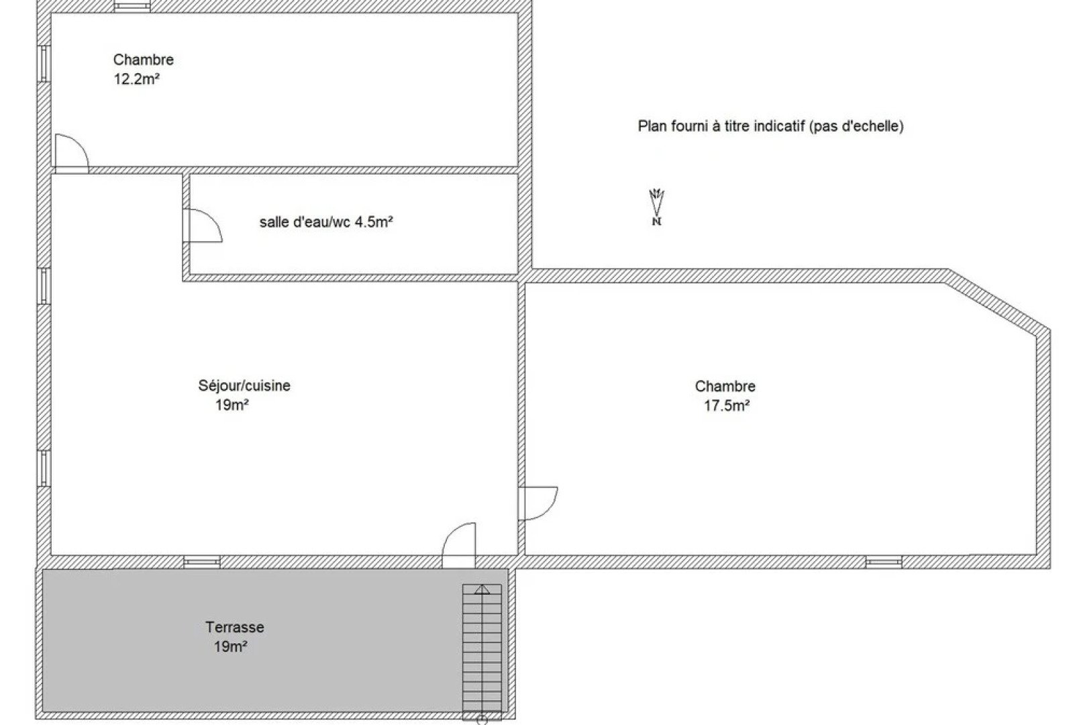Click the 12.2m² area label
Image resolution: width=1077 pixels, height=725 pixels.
tap(136, 79)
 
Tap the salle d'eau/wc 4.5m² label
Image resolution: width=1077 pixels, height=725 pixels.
tap(327, 222)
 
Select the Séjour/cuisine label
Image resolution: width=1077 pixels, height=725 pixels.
tap(244, 385)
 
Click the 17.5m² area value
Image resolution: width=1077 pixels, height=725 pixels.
tap(727, 405)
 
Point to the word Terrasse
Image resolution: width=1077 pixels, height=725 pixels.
tap(235, 627)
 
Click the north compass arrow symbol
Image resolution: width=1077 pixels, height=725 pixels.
tap(657, 207)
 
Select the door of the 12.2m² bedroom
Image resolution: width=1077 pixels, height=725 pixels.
tap(72, 154)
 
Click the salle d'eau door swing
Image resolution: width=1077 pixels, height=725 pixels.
tap(203, 225)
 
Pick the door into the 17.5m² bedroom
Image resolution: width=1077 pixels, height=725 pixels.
tap(538, 503)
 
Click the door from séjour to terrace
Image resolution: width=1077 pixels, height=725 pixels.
tap(459, 546)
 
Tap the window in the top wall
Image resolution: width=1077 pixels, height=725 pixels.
tap(132, 6)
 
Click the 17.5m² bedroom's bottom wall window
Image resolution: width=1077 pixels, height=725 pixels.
tap(884, 561)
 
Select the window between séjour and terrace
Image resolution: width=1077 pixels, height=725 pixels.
tap(202, 561)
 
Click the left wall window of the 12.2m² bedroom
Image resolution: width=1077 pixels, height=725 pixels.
tap(44, 64)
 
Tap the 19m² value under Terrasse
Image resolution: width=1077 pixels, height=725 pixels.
tap(231, 646)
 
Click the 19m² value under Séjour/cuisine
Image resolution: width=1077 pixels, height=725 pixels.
tap(232, 405)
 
